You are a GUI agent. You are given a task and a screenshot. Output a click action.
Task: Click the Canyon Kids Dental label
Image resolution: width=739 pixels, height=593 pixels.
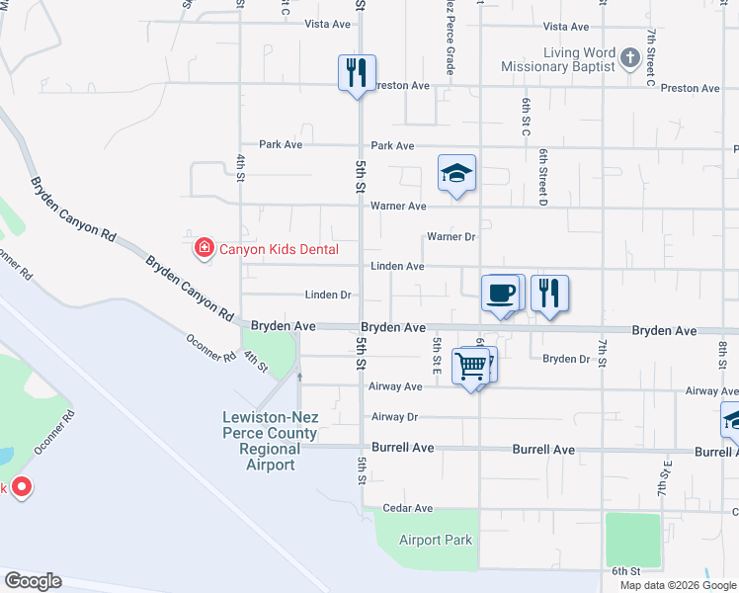click(278, 249)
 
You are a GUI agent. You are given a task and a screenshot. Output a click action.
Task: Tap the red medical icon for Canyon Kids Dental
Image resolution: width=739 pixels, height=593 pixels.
click(204, 247)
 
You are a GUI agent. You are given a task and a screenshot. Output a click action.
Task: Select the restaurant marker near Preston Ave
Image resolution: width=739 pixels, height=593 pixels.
click(357, 73)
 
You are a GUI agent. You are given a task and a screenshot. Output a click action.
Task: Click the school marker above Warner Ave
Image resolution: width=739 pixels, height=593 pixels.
click(456, 174)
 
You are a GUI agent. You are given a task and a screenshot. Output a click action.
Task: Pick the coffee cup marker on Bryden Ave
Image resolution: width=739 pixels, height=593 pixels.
click(501, 294)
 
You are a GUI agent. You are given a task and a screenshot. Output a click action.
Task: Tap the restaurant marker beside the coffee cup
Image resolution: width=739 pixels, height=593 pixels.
click(549, 294)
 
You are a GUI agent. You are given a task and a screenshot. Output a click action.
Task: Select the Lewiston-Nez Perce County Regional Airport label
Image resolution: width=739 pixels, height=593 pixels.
click(269, 442)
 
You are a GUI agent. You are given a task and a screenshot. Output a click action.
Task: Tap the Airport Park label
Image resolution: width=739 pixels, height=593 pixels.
click(436, 540)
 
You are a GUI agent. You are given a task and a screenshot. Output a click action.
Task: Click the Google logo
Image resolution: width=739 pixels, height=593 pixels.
click(33, 581)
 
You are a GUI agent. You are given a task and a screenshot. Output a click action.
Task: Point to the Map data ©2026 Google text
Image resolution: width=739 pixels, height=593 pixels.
click(677, 585)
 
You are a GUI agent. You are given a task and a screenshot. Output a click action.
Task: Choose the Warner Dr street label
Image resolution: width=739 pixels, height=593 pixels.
click(451, 237)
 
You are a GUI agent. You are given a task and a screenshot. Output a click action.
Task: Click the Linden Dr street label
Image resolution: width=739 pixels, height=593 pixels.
click(328, 295)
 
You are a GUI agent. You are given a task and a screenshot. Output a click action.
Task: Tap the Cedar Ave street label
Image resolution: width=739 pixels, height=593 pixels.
click(409, 508)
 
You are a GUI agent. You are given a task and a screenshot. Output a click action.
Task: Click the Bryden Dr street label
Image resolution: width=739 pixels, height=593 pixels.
click(565, 359)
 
